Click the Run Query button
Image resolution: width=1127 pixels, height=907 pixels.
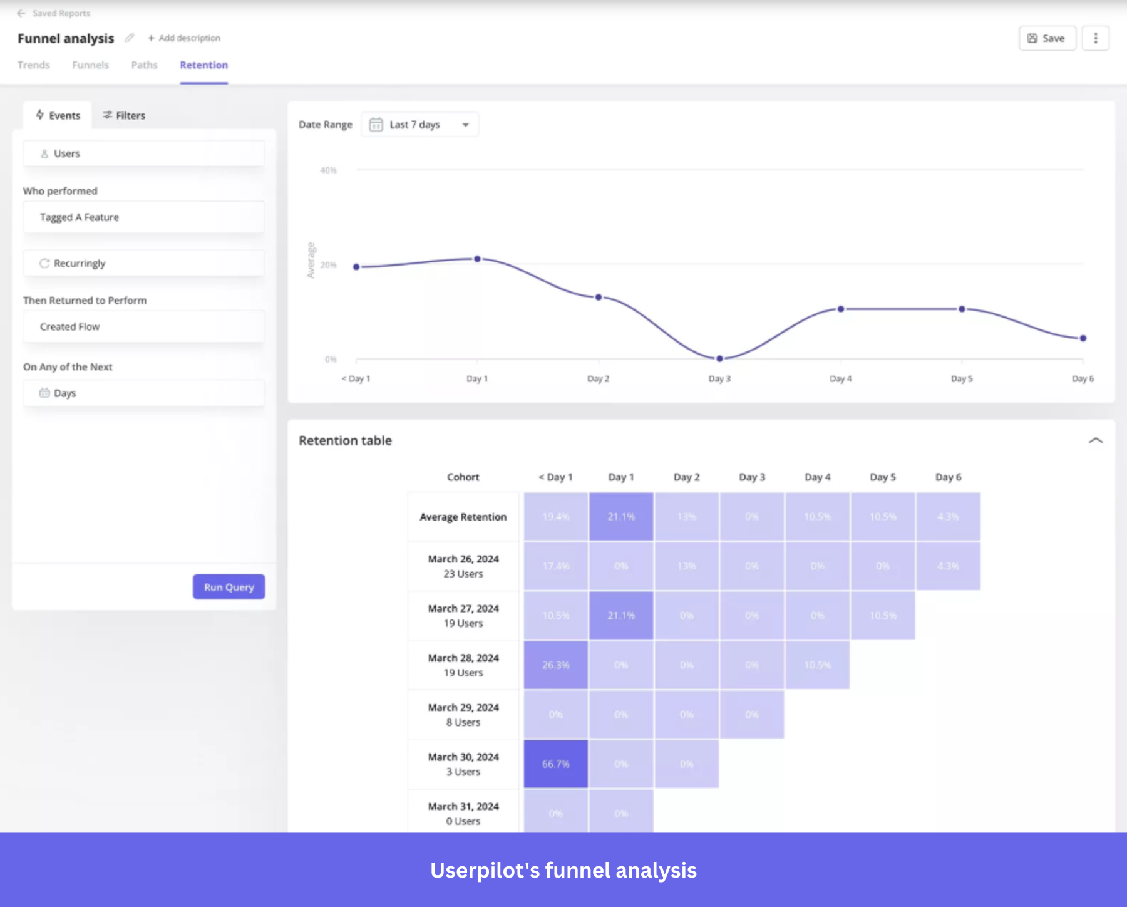229,587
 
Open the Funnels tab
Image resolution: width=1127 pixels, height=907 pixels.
90,65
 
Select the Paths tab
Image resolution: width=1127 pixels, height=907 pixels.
144,65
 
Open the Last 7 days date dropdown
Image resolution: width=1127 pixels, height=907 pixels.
419,125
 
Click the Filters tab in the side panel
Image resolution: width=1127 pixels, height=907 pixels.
124,115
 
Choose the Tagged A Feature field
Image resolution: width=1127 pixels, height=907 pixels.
144,217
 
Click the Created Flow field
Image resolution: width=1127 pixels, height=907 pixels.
144,327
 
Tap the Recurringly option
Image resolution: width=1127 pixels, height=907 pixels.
144,264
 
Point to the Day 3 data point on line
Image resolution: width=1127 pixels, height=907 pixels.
719,359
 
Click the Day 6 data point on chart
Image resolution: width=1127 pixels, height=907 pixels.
1083,338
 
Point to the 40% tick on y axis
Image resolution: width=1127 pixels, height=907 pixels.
328,170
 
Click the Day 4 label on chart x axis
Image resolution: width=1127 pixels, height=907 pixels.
840,379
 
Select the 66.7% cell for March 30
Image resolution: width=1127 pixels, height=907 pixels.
555,764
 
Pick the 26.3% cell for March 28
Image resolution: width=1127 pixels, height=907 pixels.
555,665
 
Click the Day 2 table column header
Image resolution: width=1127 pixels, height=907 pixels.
686,477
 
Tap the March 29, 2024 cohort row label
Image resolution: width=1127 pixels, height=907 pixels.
463,715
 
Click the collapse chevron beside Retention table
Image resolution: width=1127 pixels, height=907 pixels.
1095,441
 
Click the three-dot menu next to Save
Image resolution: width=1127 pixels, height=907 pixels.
1095,38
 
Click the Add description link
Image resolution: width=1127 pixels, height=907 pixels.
184,38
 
